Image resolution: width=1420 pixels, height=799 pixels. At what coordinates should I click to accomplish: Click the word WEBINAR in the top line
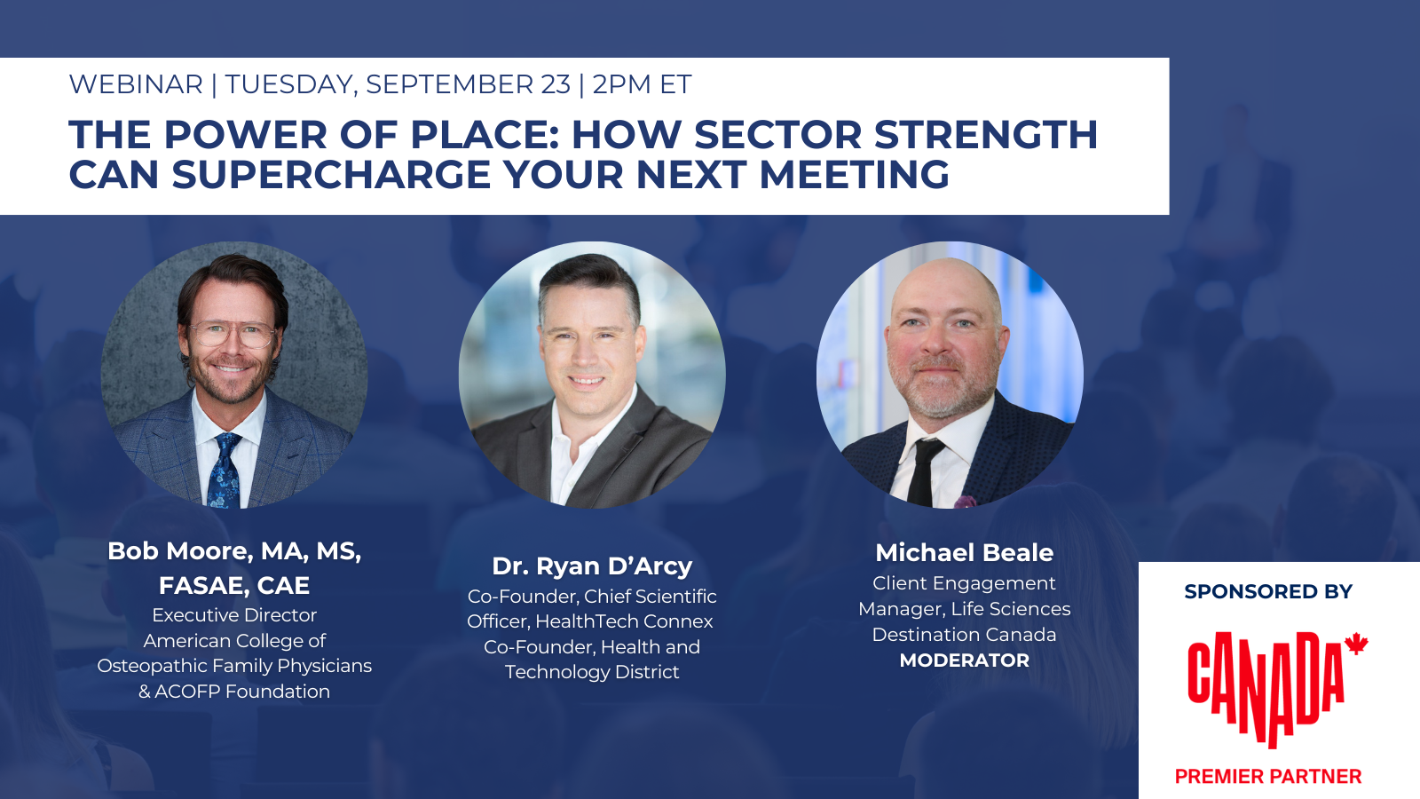coord(136,84)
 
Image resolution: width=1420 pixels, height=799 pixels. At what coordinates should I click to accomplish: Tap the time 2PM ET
coord(642,84)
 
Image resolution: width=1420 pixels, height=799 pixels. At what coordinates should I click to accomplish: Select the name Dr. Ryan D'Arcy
coord(592,566)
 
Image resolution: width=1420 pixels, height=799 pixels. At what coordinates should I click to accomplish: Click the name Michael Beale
coord(964,552)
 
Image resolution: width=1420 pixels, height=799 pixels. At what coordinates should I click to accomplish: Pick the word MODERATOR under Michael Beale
coord(964,661)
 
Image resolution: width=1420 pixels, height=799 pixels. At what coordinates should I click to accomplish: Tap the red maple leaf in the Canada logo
coord(1356,644)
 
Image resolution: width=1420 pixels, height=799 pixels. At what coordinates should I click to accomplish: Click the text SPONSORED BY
coord(1267,591)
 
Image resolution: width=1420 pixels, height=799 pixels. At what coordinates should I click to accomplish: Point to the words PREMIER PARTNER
coord(1267,777)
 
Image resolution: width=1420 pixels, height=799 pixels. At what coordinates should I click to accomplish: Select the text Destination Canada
coord(964,635)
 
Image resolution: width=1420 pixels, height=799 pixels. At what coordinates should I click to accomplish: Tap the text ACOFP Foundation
coord(242,692)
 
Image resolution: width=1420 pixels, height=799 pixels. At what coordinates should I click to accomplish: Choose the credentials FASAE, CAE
coord(234,586)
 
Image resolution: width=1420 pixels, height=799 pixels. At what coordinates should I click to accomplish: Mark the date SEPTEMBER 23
coord(468,84)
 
